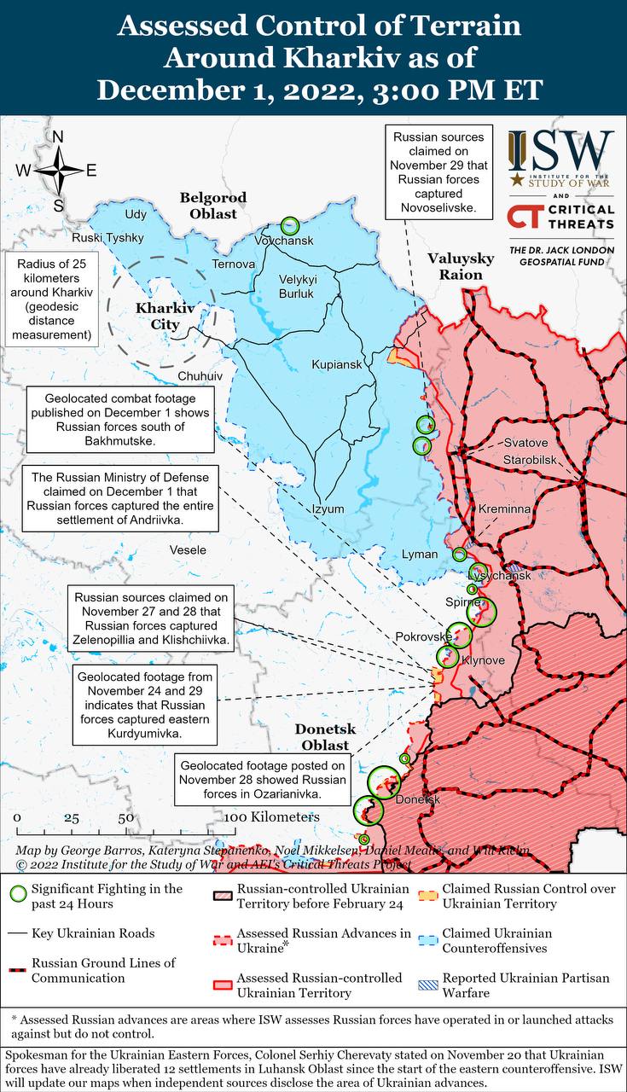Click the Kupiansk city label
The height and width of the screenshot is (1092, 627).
(337, 364)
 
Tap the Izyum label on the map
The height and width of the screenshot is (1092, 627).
(328, 509)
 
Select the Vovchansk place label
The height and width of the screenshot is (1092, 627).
(284, 241)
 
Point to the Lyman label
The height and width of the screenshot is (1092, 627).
(419, 555)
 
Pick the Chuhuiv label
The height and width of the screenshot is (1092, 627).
(200, 375)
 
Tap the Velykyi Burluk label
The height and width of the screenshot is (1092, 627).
(298, 287)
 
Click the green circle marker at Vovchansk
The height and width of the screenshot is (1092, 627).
(290, 226)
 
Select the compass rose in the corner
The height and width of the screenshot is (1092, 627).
(57, 170)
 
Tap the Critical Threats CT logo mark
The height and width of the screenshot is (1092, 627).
(526, 217)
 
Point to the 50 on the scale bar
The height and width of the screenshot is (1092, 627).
(125, 817)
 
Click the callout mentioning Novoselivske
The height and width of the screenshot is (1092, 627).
(438, 171)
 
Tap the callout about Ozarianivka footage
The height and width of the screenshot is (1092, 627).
(263, 779)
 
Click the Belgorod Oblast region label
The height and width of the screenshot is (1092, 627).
(213, 206)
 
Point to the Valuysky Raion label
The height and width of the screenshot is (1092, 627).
(461, 266)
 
